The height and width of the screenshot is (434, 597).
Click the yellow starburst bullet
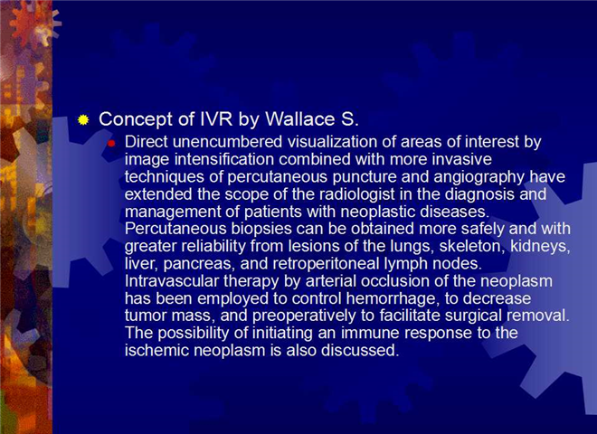[x=83, y=120]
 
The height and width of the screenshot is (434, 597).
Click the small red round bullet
[x=111, y=144]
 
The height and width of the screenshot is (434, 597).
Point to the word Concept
[x=136, y=119]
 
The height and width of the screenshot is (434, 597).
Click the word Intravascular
[x=172, y=281]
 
